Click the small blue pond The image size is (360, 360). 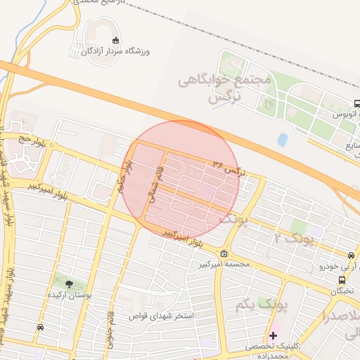click(283, 139)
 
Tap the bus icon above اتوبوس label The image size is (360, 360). click(356, 103)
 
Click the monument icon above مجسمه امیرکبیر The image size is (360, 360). click(224, 253)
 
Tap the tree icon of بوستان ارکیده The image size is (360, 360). click(70, 284)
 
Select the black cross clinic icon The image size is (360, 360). click(273, 335)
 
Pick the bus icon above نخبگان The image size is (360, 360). click(351, 255)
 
